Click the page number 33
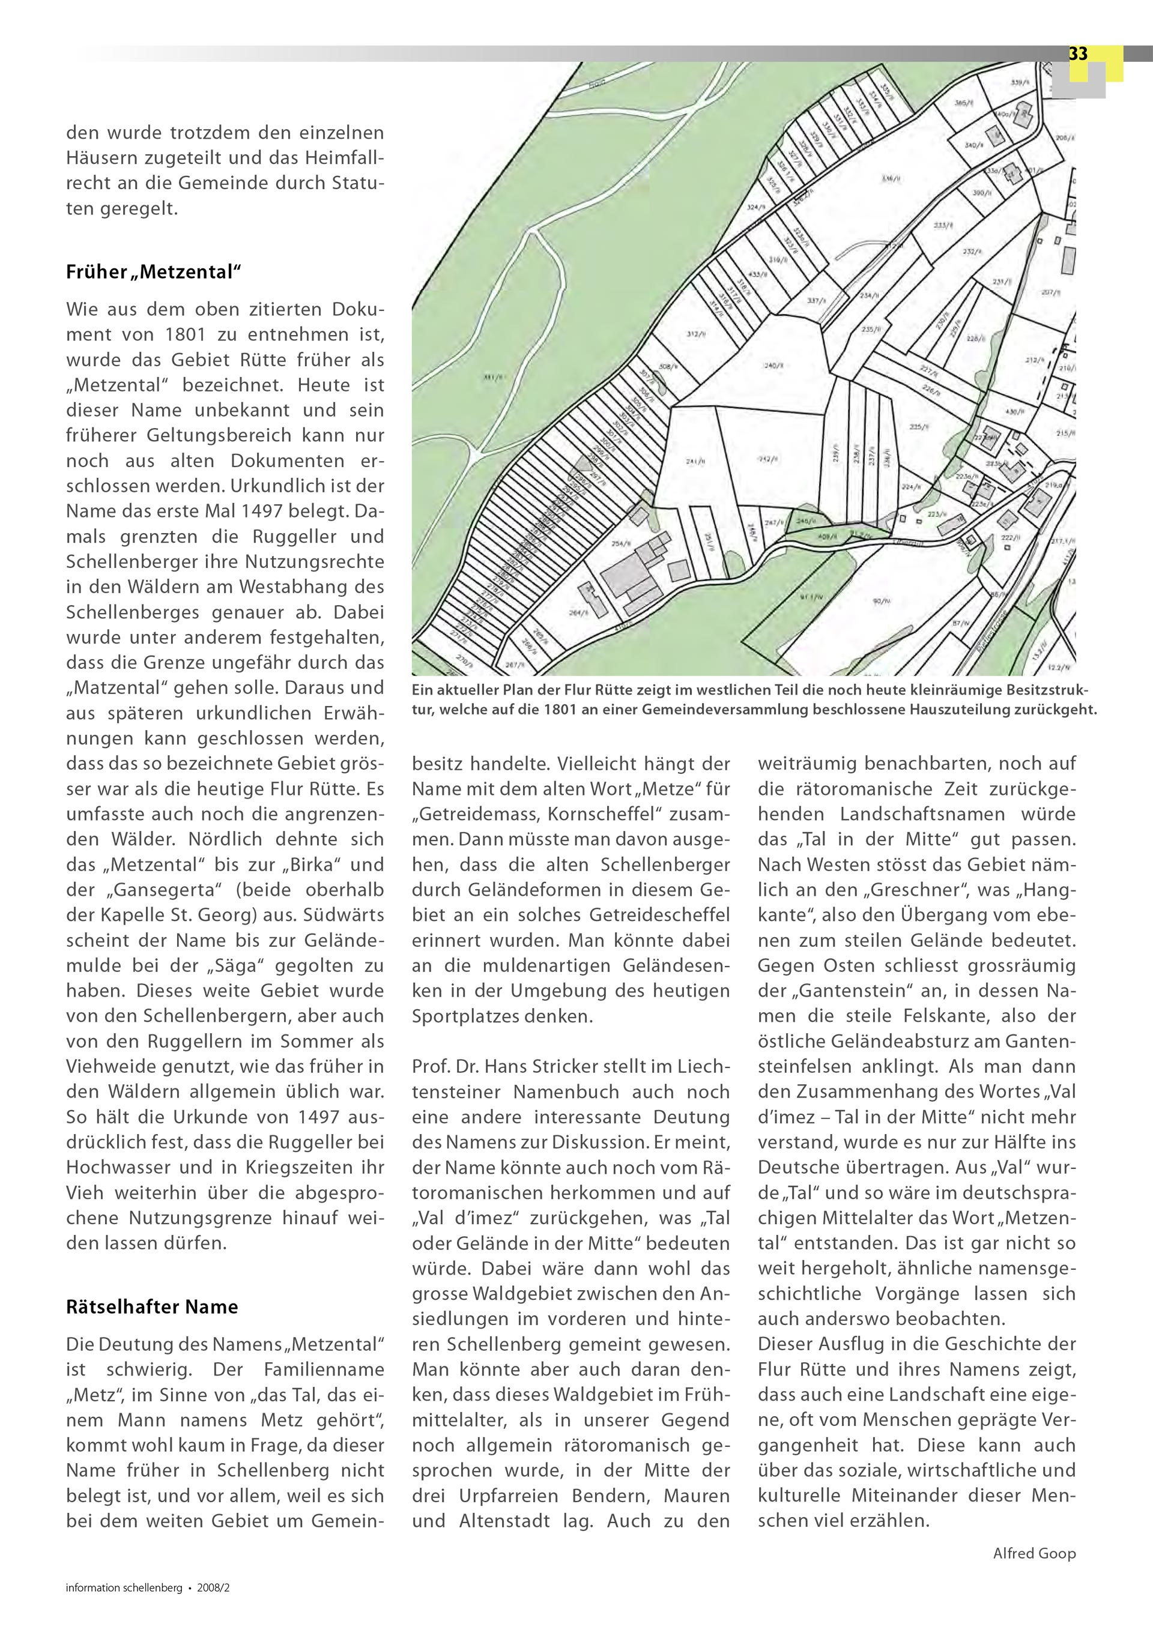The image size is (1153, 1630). (1078, 54)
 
